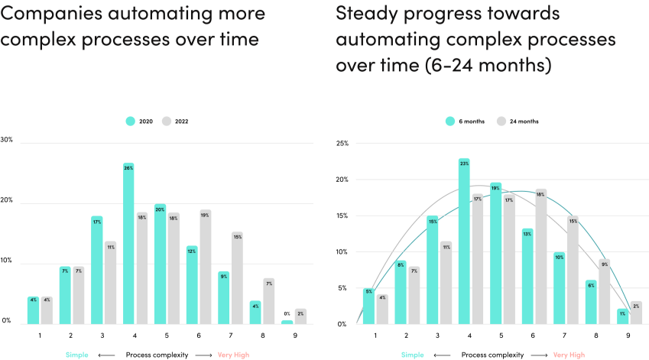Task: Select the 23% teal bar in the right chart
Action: point(464,241)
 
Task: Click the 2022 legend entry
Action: point(175,121)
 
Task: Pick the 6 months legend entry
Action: point(466,121)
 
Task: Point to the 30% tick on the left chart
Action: point(7,140)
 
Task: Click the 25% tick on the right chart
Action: point(342,143)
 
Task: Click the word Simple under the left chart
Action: point(76,355)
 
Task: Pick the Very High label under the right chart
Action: point(569,355)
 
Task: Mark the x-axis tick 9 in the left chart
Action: point(295,335)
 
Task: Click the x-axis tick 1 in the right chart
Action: point(375,335)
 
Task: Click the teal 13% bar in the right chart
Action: point(527,276)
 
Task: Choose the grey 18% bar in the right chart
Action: point(540,256)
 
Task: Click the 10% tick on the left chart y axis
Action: point(7,261)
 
